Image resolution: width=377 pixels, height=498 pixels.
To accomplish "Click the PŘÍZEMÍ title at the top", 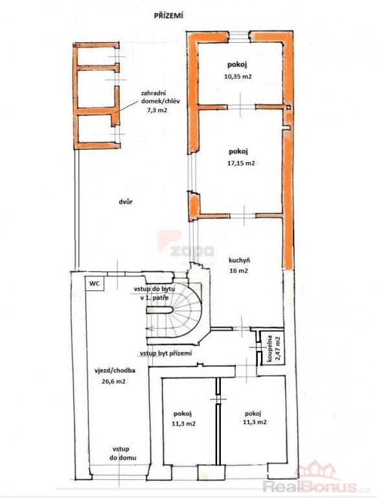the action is point(168,16).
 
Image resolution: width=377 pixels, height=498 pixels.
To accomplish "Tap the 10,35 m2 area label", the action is point(238,77).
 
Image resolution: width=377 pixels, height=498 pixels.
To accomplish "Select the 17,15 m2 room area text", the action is point(240,163).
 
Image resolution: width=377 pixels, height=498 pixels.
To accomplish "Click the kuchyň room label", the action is point(239,261).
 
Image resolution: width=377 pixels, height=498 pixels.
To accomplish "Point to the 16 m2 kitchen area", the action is point(239,271).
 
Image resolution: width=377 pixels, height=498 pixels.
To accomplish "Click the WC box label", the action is point(95,283).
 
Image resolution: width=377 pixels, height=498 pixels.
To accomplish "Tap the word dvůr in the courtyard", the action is point(126,202).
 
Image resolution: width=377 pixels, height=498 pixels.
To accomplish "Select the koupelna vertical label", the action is point(269,348).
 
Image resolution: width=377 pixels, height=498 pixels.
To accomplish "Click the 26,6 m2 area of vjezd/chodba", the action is point(113,381).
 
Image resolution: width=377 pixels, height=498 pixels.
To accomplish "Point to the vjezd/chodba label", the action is point(115,370).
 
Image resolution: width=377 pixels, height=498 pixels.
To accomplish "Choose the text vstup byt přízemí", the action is point(166,353).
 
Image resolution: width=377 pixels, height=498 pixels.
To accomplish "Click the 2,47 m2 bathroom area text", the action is point(279,348).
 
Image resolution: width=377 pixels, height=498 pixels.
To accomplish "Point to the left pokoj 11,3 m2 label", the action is point(183,419).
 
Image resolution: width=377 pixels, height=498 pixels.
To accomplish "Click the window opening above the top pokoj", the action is point(240,36).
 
